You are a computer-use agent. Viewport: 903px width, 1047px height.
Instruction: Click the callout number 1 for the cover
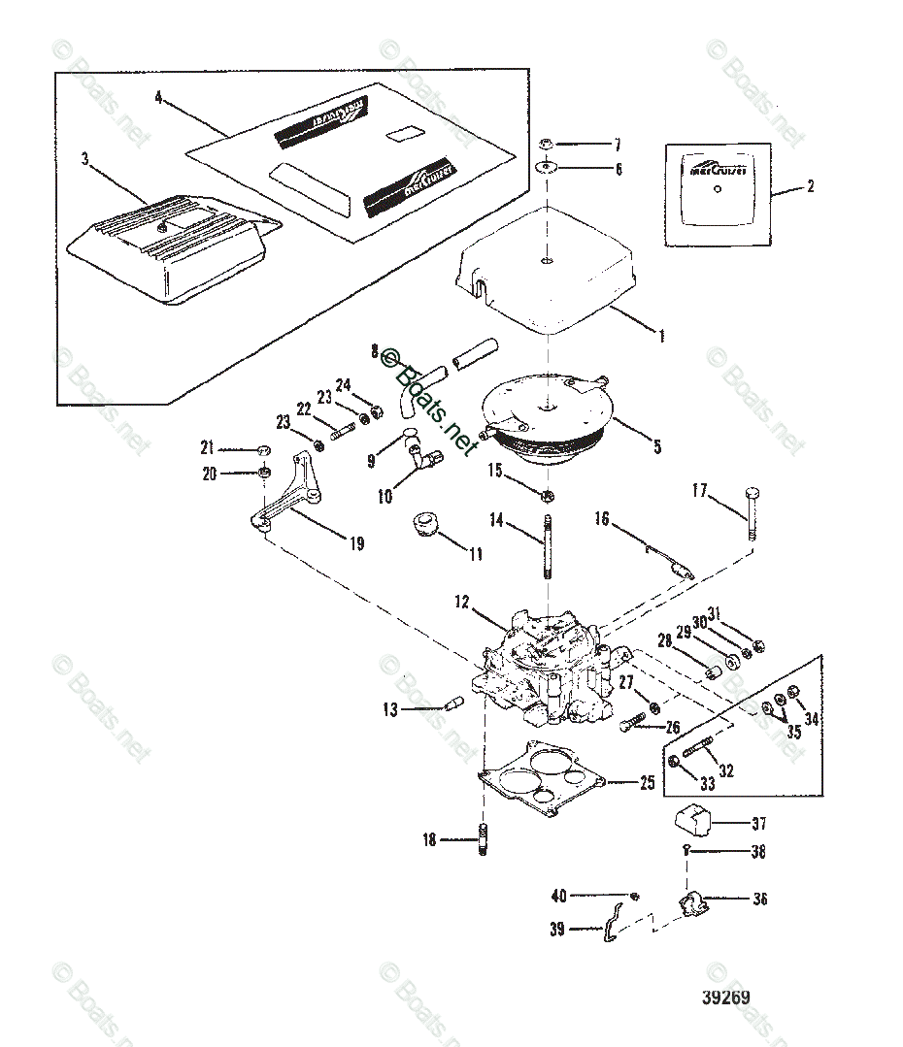coord(661,336)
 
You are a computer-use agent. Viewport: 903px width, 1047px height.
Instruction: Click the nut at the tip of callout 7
coord(549,146)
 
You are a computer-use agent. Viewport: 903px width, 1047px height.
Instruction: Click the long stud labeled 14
coord(549,548)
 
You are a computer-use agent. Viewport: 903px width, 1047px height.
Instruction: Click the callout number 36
coord(759,900)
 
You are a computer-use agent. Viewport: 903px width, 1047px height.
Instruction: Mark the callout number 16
coord(602,520)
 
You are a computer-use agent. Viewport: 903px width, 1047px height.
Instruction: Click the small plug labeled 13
coord(451,707)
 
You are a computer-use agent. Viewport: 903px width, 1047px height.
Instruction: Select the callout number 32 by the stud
coord(725,771)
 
